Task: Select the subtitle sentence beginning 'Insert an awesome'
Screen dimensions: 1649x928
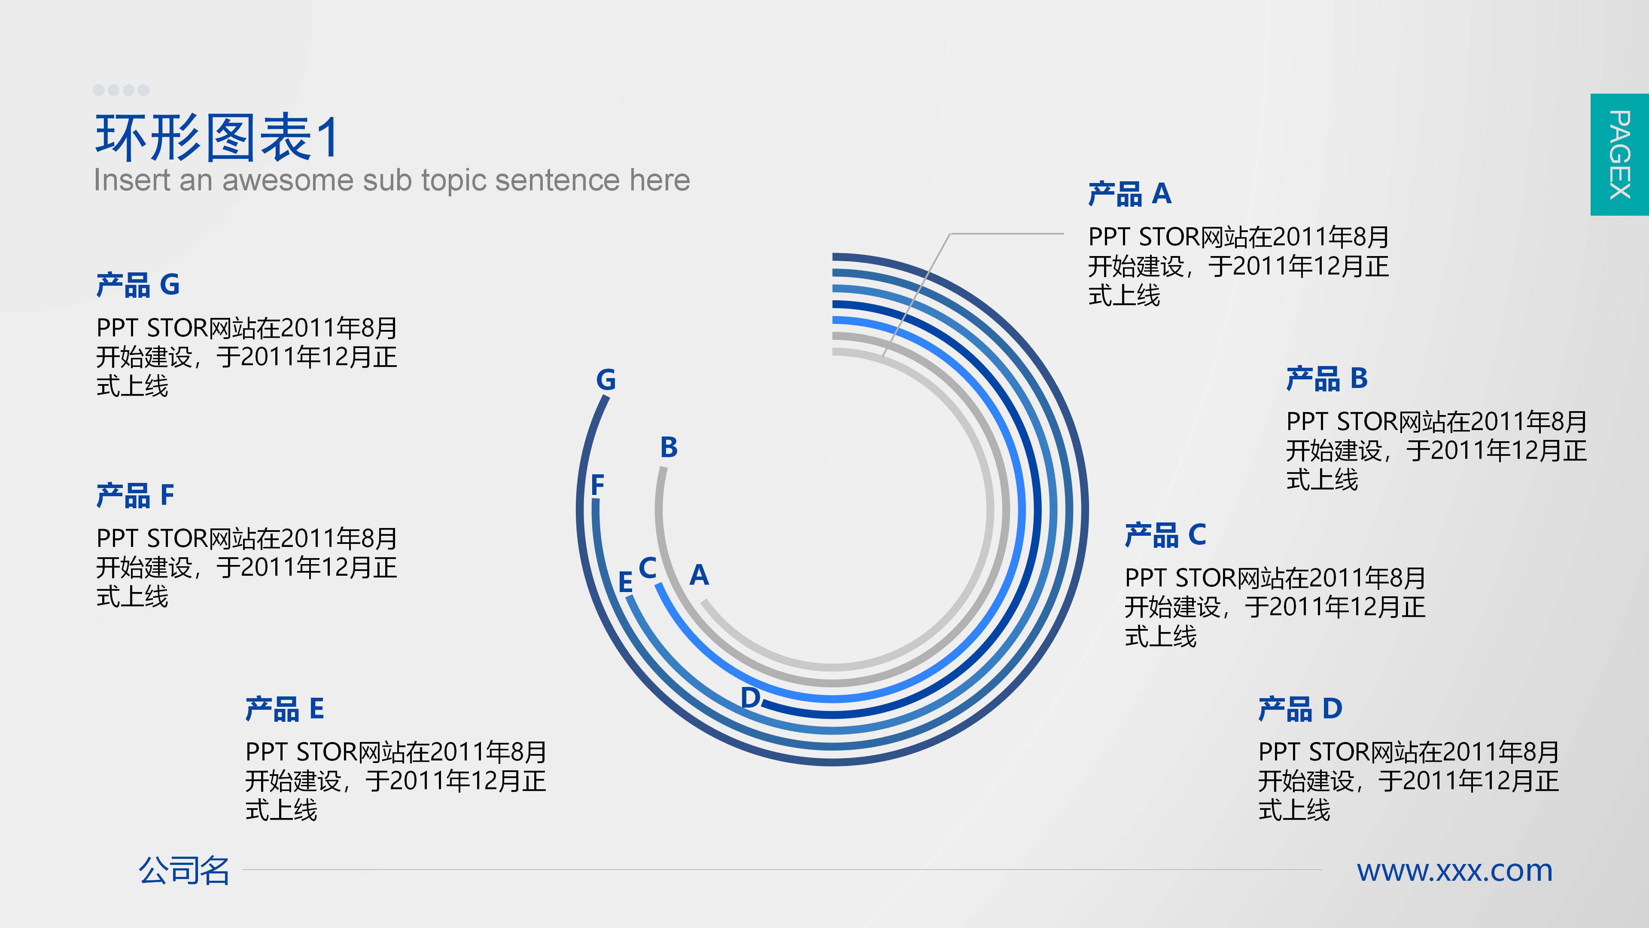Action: click(392, 180)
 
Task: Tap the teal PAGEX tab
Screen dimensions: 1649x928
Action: click(1619, 154)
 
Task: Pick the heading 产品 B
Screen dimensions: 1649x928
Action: click(1327, 379)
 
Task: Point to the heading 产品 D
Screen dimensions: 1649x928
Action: click(1300, 709)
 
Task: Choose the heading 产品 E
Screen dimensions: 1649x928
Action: click(285, 709)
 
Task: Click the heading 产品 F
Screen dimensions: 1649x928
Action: click(135, 495)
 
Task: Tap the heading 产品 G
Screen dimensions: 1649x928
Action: click(137, 285)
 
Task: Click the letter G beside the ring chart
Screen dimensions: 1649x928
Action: click(605, 380)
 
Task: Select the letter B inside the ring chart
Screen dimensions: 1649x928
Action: click(669, 448)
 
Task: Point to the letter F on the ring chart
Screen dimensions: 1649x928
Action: click(598, 485)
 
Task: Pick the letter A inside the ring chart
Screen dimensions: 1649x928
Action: click(699, 575)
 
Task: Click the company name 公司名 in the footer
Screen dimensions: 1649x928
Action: click(184, 871)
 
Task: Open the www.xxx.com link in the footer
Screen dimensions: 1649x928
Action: click(1455, 871)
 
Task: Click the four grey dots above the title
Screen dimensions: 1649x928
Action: click(121, 90)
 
